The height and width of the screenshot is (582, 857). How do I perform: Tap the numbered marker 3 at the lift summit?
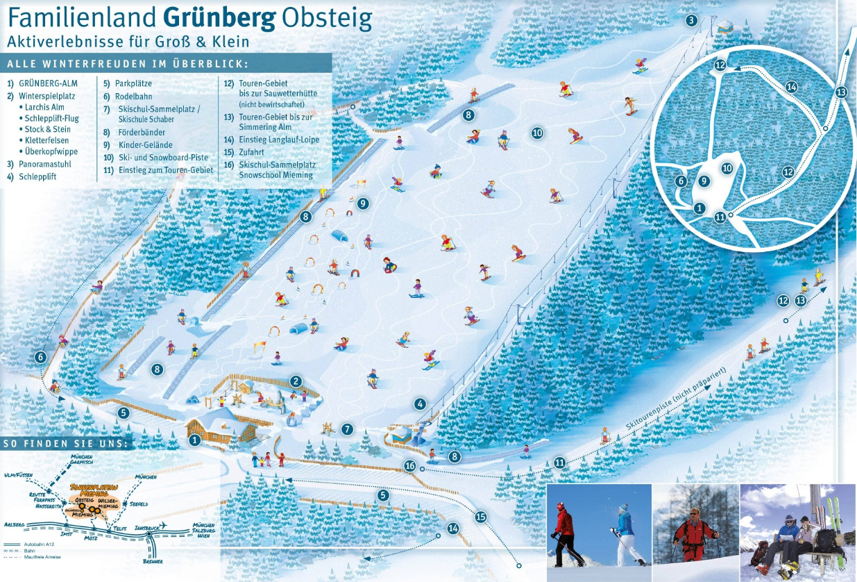click(x=691, y=20)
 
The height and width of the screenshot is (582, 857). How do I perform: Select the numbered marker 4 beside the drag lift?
click(x=420, y=404)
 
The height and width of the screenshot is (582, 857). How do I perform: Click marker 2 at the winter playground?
click(x=296, y=381)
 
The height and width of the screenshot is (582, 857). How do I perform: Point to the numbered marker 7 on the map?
click(x=347, y=429)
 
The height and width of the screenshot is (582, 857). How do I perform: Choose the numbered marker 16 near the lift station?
click(x=410, y=465)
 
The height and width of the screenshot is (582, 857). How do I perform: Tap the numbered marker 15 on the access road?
click(x=481, y=517)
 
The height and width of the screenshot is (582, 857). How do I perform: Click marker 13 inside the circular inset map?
click(x=842, y=92)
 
